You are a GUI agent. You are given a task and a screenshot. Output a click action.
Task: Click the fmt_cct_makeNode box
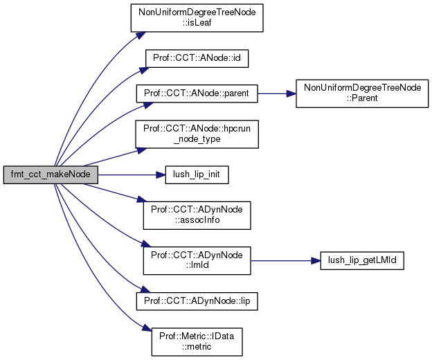pos(49,173)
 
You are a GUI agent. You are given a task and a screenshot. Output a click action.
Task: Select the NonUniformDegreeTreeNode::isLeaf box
pos(197,17)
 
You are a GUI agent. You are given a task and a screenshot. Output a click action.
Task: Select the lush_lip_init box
pos(197,173)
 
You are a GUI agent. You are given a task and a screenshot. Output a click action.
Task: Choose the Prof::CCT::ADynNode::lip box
pos(197,301)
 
